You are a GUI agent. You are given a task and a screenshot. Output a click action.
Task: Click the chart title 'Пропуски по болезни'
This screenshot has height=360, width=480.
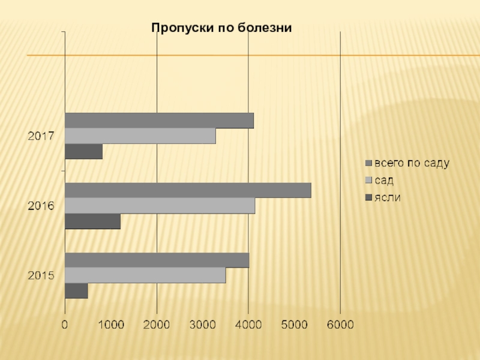(x=221, y=27)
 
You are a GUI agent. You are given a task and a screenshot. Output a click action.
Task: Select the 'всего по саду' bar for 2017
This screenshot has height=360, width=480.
(x=159, y=121)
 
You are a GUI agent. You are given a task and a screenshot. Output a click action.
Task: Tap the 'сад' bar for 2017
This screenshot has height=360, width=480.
(x=140, y=136)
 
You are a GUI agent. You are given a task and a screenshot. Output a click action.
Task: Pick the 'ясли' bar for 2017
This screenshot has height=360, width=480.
(x=83, y=152)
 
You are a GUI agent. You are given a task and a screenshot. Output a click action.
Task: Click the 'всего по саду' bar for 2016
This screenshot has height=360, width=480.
(x=188, y=190)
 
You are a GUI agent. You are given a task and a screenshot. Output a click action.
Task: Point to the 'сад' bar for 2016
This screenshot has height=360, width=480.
(x=160, y=206)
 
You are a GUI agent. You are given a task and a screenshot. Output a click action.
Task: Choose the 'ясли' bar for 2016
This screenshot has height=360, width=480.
(x=92, y=221)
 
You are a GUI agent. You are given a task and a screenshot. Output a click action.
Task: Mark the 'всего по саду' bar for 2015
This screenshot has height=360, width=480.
(x=157, y=260)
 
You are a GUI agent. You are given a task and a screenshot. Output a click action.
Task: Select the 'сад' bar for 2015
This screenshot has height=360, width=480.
(x=145, y=275)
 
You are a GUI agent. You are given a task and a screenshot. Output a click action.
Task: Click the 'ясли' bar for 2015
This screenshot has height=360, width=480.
(x=76, y=291)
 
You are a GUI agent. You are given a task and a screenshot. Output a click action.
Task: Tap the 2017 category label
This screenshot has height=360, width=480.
(x=41, y=136)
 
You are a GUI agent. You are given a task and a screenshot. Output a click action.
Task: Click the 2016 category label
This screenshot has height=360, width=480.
(x=41, y=206)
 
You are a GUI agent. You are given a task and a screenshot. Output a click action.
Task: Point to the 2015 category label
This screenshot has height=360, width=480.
(x=41, y=276)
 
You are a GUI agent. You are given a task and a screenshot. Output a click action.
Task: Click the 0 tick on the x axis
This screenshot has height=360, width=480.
(x=65, y=325)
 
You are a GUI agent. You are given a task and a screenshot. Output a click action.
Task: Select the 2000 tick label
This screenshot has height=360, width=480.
(x=157, y=325)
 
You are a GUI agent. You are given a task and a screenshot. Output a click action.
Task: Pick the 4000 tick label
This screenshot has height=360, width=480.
(x=248, y=325)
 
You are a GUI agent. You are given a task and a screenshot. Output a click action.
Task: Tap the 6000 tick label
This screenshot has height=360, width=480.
(x=340, y=325)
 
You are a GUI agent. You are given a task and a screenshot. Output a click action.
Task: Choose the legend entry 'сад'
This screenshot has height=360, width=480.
(x=385, y=180)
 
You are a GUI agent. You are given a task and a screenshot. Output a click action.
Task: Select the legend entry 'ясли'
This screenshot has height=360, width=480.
(x=388, y=197)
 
